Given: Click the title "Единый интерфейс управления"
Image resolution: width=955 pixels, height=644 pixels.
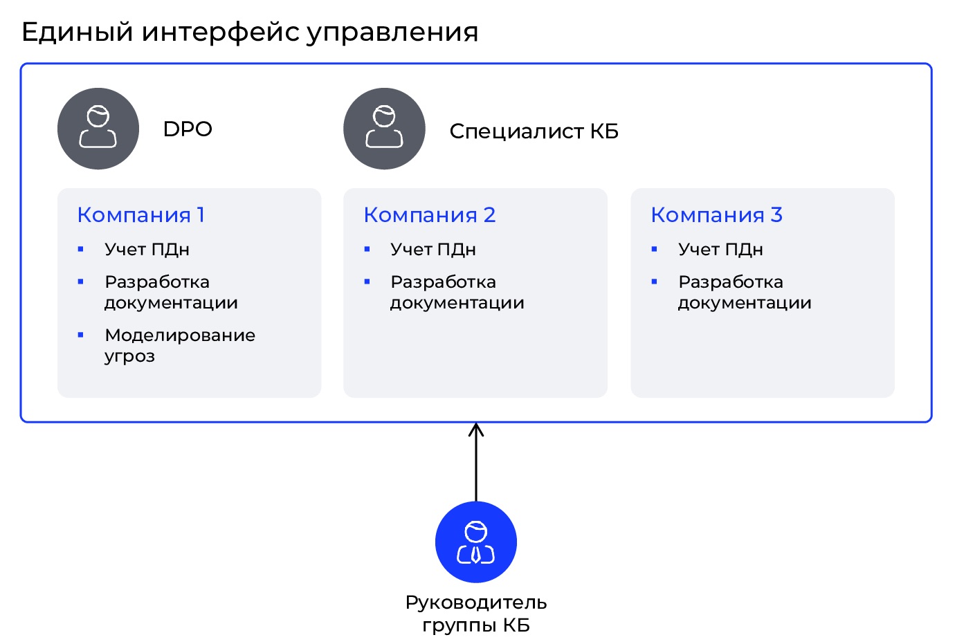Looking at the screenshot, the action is [x=250, y=33].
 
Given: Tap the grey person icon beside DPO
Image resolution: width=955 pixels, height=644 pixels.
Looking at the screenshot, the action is [x=98, y=129].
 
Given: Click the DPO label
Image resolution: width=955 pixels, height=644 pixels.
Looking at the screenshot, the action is [x=188, y=129].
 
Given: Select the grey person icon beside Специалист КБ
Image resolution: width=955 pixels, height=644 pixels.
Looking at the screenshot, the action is [x=384, y=129].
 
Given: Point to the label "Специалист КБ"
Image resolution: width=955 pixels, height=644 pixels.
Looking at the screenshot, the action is [x=534, y=131].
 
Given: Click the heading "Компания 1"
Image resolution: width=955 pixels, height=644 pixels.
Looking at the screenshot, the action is [x=140, y=214].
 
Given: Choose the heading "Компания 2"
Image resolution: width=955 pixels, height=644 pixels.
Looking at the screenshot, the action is [x=429, y=214].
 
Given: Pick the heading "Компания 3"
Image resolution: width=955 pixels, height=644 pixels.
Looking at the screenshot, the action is [x=717, y=214].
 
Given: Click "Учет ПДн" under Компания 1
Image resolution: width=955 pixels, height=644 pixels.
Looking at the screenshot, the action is [x=147, y=249].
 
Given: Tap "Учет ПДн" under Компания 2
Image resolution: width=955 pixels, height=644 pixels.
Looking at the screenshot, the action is [x=433, y=249].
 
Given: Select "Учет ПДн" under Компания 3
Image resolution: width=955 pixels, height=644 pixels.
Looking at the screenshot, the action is [x=720, y=249].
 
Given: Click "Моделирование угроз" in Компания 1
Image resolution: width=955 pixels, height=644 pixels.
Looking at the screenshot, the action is [x=180, y=346].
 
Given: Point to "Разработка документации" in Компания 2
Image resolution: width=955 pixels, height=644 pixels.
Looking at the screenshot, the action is [x=457, y=293].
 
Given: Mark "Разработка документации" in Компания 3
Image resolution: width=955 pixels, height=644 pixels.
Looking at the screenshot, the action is [x=745, y=293].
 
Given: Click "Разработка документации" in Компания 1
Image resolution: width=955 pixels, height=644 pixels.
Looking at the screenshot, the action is [x=171, y=293].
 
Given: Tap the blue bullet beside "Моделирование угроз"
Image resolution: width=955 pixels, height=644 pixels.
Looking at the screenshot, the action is [x=80, y=335].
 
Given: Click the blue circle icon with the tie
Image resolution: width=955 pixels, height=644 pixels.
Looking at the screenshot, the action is [x=476, y=542].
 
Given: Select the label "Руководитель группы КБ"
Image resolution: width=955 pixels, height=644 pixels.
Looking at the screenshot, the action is [x=476, y=614].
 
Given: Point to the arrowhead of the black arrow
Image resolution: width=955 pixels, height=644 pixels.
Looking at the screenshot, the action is [x=476, y=425].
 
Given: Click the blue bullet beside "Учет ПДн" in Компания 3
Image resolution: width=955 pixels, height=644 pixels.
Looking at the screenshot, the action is [x=655, y=249].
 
